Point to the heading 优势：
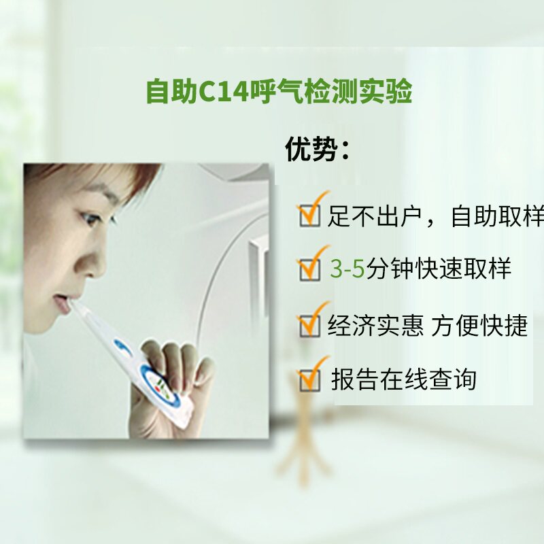click(x=318, y=150)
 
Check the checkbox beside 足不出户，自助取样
click(x=309, y=216)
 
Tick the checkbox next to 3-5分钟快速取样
click(x=309, y=269)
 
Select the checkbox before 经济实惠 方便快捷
click(x=309, y=325)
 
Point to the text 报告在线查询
click(x=403, y=379)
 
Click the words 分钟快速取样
click(x=439, y=270)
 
